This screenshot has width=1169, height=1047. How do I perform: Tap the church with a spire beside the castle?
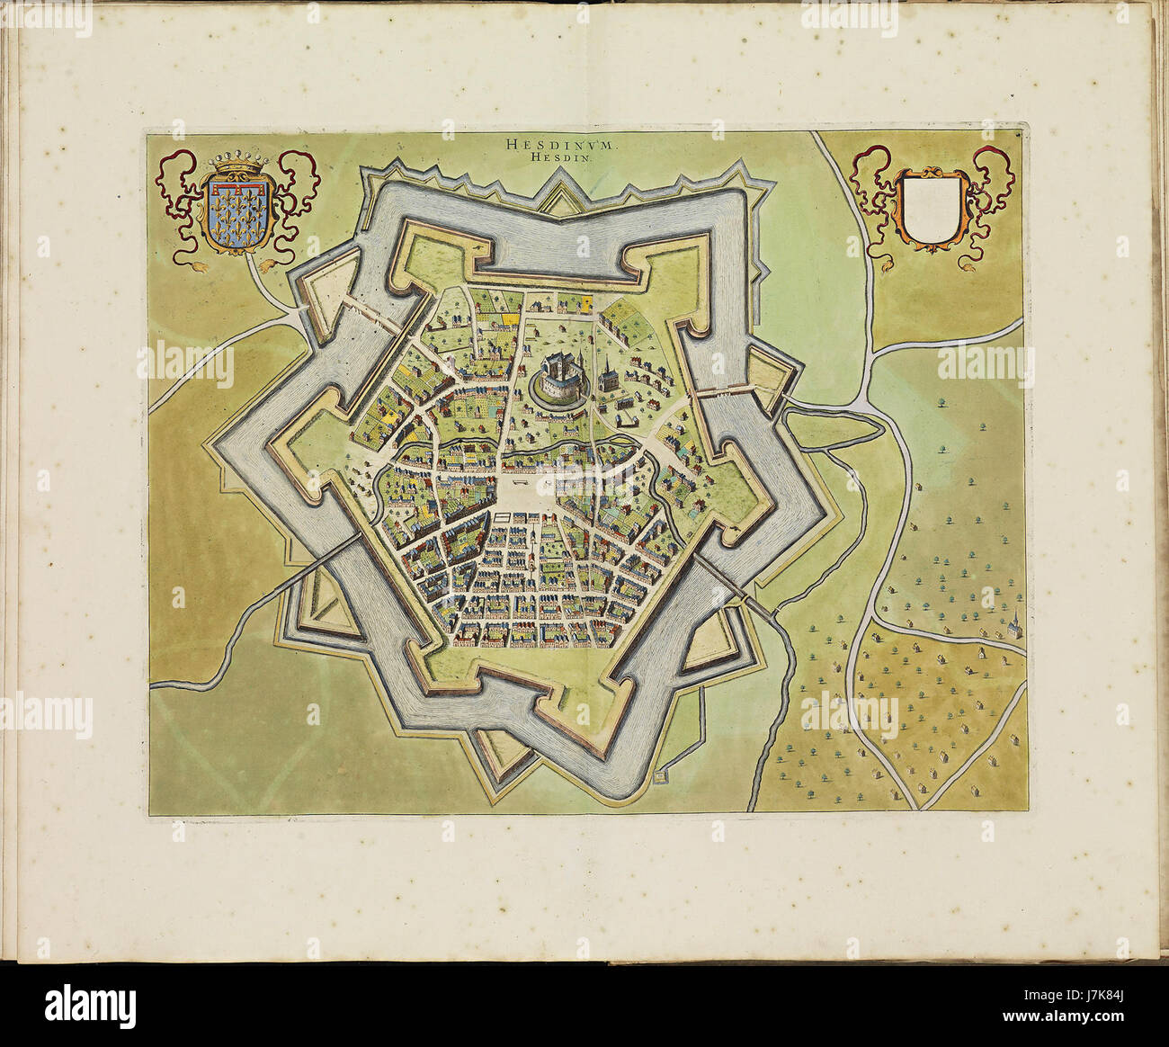tap(609, 373)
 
